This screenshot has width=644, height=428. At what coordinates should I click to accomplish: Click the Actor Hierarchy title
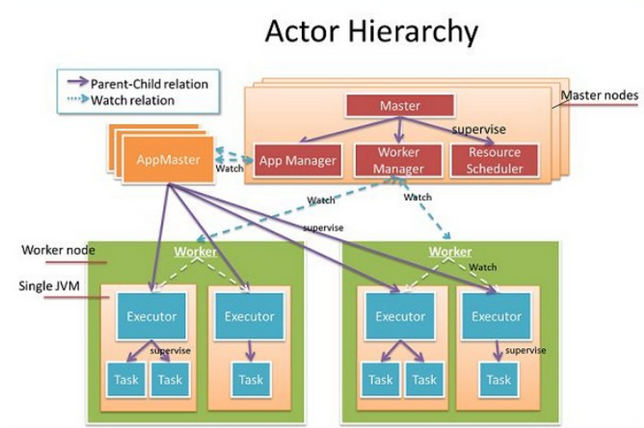[x=372, y=32]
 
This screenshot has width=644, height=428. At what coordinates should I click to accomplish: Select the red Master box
[x=400, y=106]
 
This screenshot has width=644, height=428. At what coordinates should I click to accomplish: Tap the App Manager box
[x=298, y=161]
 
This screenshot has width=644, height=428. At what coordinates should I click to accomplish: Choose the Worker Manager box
[x=398, y=161]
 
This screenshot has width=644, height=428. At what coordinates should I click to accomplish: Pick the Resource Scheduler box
[x=495, y=161]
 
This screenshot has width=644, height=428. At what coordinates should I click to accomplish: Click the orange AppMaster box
[x=169, y=159]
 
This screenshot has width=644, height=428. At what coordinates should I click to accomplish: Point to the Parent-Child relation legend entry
[x=139, y=83]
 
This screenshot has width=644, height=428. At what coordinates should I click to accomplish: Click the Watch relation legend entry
[x=121, y=100]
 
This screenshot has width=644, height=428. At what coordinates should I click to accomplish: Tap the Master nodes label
[x=600, y=95]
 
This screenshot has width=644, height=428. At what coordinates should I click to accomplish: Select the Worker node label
[x=58, y=250]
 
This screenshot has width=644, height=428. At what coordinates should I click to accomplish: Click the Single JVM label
[x=49, y=286]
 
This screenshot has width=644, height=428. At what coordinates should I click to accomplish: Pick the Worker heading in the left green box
[x=195, y=252]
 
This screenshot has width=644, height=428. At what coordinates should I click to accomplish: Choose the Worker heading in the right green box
[x=450, y=252]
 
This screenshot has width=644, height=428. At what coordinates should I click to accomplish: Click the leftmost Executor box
[x=151, y=316]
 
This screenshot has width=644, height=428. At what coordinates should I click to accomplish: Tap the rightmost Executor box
[x=496, y=316]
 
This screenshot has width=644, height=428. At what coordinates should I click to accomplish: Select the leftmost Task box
[x=126, y=380]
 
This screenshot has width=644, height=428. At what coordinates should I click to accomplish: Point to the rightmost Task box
[x=499, y=380]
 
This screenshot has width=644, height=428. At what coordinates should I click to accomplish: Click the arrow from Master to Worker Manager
[x=399, y=130]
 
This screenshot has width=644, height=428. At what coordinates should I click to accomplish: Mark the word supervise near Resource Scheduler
[x=479, y=130]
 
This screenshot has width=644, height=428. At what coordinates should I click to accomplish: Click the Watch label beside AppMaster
[x=229, y=169]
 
